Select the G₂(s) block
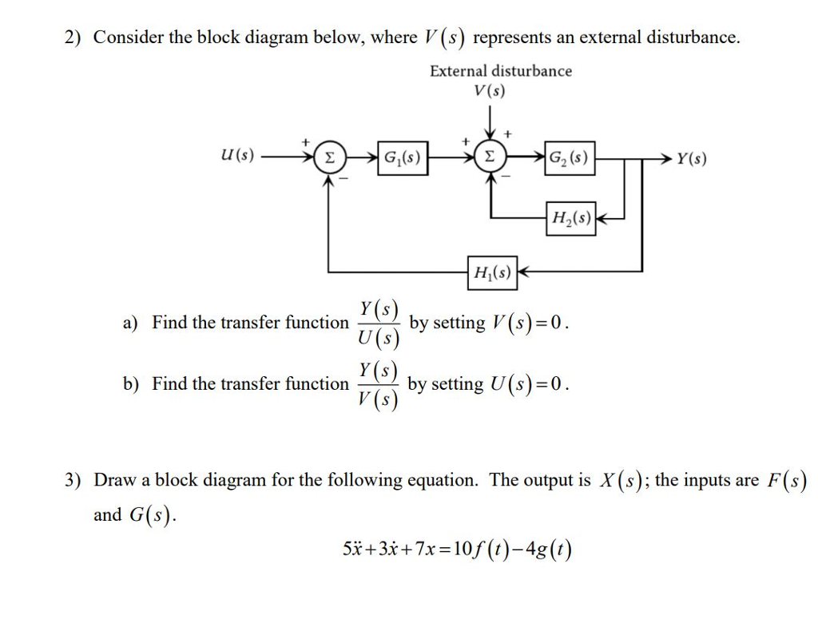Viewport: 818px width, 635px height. (569, 157)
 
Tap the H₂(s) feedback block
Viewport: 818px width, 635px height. (571, 218)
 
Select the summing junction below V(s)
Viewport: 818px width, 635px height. (489, 158)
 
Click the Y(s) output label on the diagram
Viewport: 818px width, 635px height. (691, 158)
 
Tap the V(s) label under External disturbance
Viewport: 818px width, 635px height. (489, 90)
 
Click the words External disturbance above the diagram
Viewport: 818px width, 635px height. (501, 71)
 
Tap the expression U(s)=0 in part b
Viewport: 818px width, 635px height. (529, 384)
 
